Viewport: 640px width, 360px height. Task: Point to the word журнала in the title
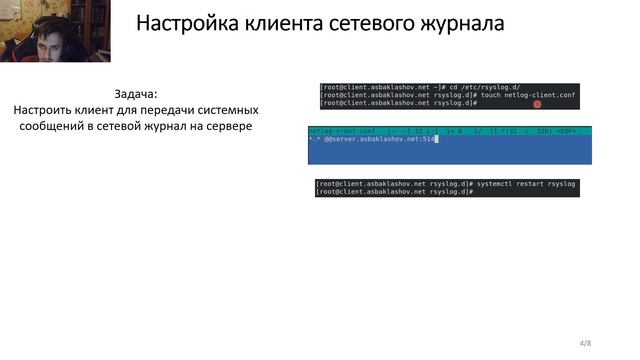pos(461,23)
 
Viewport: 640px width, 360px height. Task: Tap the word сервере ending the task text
pos(224,128)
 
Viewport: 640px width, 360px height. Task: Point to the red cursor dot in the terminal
pos(537,103)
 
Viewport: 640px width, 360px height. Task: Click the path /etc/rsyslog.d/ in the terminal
pos(500,88)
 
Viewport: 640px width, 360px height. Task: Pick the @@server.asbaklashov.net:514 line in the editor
pos(372,139)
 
